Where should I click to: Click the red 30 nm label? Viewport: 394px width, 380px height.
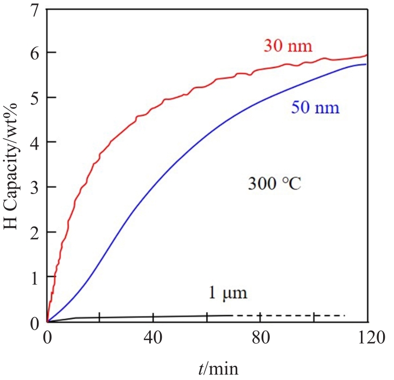pyautogui.click(x=288, y=46)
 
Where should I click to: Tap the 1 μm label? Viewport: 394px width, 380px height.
pyautogui.click(x=228, y=294)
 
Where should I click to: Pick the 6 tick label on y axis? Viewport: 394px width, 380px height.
pyautogui.click(x=35, y=53)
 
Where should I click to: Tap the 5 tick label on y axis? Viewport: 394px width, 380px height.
pyautogui.click(x=35, y=98)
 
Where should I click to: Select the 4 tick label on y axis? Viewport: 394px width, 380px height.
pyautogui.click(x=35, y=143)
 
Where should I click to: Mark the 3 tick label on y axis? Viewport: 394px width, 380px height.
pyautogui.click(x=35, y=188)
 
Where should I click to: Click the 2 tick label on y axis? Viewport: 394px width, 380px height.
pyautogui.click(x=35, y=233)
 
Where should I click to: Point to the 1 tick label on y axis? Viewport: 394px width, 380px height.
pyautogui.click(x=35, y=278)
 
